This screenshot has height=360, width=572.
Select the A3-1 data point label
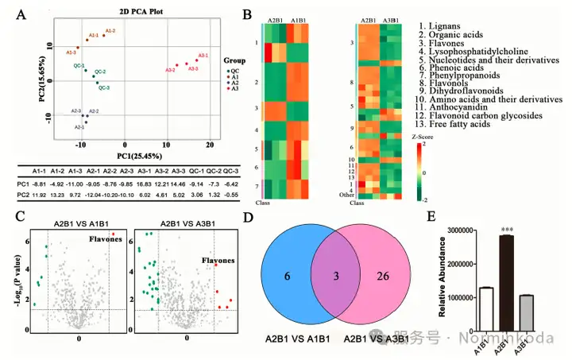pos(203,56)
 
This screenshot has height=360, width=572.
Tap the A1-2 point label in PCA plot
pos(110,30)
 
